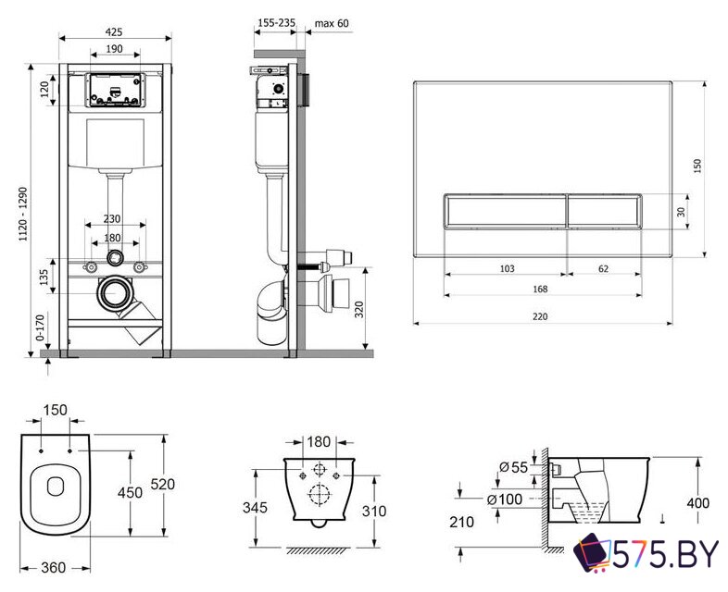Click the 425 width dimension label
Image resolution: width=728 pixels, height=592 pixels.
point(114,31)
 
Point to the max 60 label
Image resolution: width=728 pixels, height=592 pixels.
point(332,23)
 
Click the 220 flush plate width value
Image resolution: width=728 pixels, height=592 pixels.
point(540,316)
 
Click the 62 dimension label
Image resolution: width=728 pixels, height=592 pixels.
point(603,268)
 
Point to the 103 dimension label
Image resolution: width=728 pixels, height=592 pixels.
point(507,268)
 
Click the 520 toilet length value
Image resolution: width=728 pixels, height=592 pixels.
point(163,484)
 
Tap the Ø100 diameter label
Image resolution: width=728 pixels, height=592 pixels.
point(511,500)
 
